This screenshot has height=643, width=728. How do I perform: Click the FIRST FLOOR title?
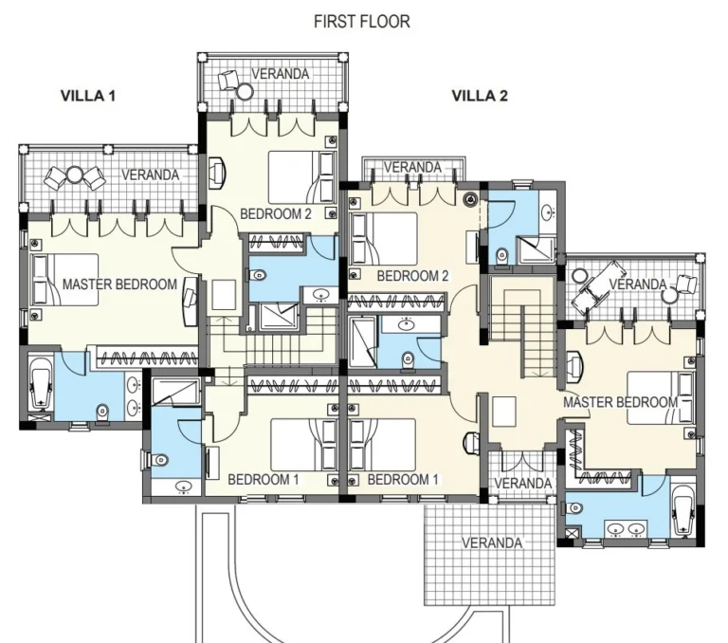point(362,21)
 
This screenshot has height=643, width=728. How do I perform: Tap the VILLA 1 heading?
point(88,95)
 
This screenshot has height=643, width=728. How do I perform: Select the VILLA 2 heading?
point(480,95)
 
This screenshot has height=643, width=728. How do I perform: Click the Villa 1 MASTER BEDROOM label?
point(119,284)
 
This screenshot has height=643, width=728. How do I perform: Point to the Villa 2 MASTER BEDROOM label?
point(620,402)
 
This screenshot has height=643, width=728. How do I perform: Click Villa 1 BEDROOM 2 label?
point(276,213)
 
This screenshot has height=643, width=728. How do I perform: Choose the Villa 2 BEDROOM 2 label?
point(412,276)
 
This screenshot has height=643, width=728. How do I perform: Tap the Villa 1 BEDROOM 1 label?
point(264,479)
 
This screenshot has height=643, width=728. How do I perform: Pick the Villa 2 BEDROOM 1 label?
point(403,479)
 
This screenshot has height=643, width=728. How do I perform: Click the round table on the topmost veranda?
point(246,91)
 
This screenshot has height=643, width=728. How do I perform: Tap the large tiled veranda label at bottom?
point(492,543)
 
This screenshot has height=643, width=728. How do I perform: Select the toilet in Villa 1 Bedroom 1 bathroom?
point(158,459)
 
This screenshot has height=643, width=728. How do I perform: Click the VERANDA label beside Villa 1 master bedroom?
point(150,175)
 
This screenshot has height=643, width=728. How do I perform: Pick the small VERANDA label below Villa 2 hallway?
point(522,483)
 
